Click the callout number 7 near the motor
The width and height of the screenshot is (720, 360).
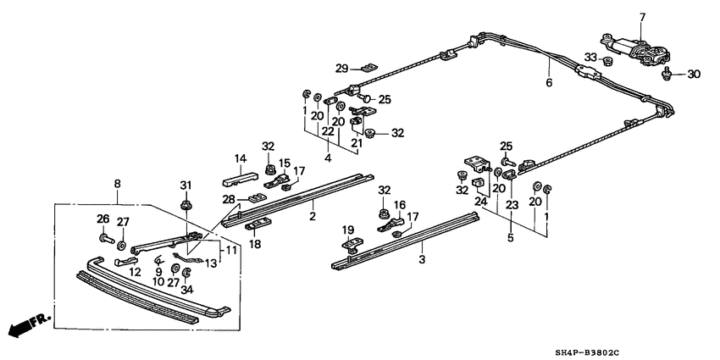(641, 17)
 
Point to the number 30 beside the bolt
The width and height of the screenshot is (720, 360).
(694, 75)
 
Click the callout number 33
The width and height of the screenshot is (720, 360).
(591, 58)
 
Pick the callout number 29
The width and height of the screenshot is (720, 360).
(342, 68)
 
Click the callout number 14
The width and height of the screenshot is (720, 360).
(240, 158)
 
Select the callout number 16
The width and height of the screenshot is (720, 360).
(399, 205)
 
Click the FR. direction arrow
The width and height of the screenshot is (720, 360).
(25, 325)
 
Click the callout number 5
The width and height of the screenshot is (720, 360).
(510, 238)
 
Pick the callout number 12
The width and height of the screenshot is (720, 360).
(135, 271)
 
